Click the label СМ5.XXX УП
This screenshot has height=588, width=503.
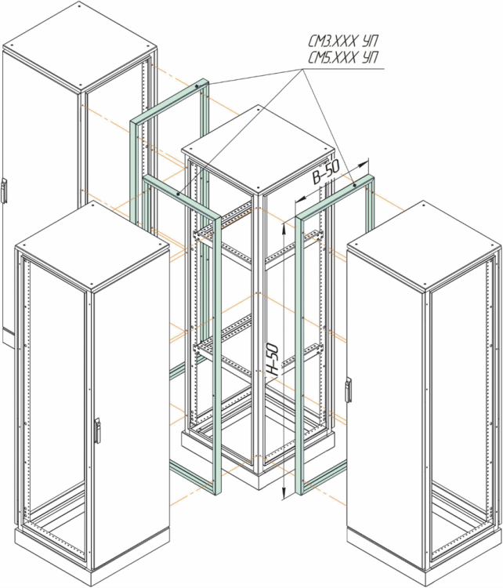click(343, 57)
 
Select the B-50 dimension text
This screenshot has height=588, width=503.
click(327, 172)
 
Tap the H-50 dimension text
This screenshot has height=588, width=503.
click(273, 360)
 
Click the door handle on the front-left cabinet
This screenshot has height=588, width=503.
click(97, 430)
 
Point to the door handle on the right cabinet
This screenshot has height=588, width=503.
click(348, 390)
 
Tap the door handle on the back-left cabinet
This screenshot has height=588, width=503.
click(3, 191)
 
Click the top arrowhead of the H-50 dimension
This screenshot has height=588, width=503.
click(284, 226)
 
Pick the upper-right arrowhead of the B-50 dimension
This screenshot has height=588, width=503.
click(364, 164)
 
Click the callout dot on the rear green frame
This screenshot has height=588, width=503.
click(197, 86)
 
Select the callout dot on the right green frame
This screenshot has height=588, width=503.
click(355, 185)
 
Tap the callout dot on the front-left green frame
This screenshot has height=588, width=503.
click(178, 194)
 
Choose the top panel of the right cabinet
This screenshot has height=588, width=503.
click(424, 245)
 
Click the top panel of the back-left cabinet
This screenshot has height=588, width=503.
click(79, 45)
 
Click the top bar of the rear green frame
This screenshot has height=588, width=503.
click(168, 102)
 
